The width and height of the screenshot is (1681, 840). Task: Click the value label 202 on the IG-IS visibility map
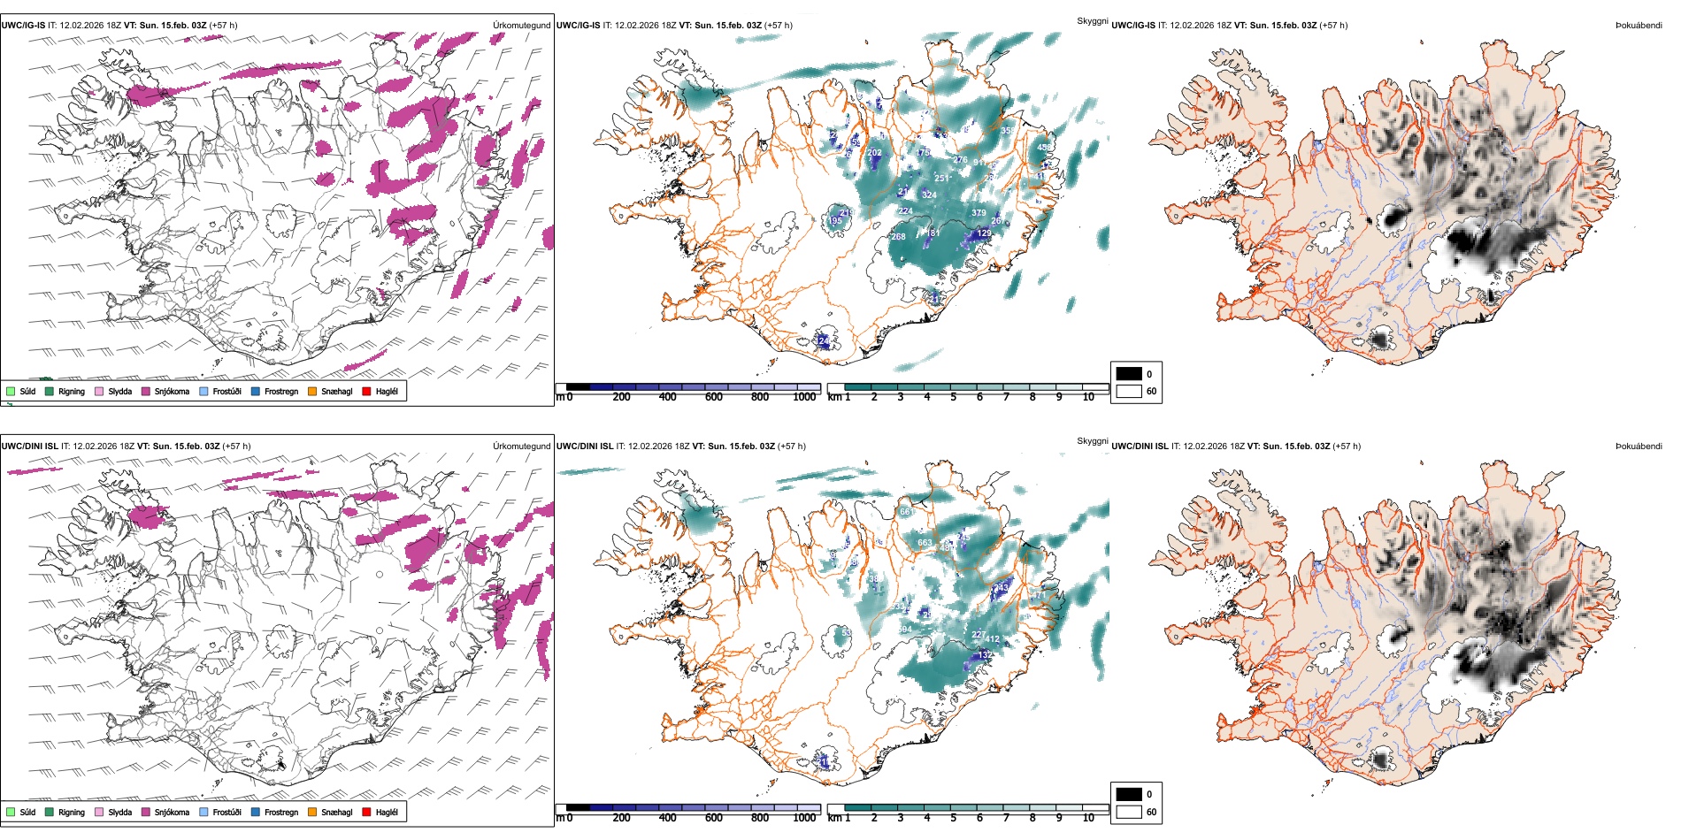(x=874, y=153)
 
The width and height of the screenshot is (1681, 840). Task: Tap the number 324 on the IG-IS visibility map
(x=929, y=195)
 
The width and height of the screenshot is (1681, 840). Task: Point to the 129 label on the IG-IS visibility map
(x=984, y=233)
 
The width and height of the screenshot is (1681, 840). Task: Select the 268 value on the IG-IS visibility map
(x=898, y=237)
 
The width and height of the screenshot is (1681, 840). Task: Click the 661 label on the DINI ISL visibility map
(x=907, y=512)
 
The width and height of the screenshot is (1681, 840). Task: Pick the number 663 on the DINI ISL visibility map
(x=925, y=543)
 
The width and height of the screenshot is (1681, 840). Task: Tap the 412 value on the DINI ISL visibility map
(x=992, y=639)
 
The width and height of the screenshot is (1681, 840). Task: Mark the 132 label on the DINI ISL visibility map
(x=985, y=655)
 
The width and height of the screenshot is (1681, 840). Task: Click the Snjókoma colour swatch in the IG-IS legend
(x=146, y=391)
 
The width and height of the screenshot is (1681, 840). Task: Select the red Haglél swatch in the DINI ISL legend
(x=367, y=812)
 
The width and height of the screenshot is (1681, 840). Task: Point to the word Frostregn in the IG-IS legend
(x=281, y=391)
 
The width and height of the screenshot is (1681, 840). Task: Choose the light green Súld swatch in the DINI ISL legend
(x=11, y=812)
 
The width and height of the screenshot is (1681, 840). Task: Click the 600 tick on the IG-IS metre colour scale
(x=714, y=397)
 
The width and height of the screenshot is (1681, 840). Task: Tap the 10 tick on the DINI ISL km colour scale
(x=1088, y=818)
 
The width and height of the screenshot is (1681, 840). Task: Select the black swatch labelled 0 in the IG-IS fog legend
(x=1129, y=374)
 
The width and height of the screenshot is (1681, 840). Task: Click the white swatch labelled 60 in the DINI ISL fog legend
(x=1129, y=812)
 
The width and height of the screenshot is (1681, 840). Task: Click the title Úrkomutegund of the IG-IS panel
(x=521, y=26)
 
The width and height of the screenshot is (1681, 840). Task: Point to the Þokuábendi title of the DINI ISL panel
(x=1639, y=447)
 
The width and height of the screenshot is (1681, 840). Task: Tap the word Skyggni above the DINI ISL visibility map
(x=1092, y=440)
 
